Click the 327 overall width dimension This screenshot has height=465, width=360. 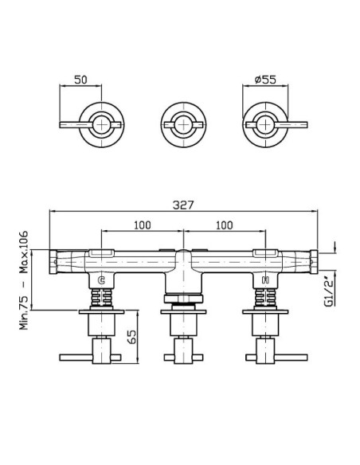tap(183, 205)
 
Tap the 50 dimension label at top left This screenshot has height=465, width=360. tap(80, 80)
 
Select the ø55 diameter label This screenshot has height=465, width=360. tap(265, 80)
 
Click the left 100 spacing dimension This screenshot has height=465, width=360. tap(143, 225)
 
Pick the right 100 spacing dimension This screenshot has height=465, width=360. tap(224, 225)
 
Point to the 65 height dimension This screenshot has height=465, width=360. tap(132, 337)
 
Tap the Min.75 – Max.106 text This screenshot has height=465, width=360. tap(24, 280)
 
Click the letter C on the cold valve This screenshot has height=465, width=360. tap(101, 280)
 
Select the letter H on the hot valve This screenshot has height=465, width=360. tap(265, 280)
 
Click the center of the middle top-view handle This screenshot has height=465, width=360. tap(183, 124)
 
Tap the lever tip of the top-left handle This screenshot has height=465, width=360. tap(61, 124)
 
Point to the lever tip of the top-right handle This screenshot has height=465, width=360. tap(306, 124)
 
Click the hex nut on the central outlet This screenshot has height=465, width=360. tap(183, 299)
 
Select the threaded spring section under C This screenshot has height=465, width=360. tap(101, 298)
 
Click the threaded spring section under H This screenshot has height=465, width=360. tap(266, 298)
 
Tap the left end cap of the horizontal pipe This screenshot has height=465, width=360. tap(53, 262)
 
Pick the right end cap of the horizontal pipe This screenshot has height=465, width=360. tap(314, 262)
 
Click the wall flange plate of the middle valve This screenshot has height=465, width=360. tap(183, 312)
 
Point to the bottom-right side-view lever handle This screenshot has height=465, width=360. tap(276, 358)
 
